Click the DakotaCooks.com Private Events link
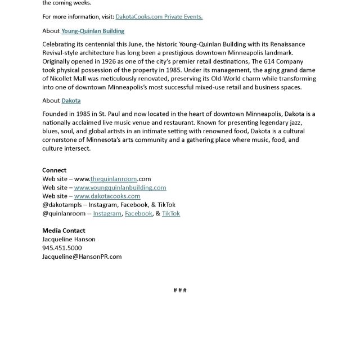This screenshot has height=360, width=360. pos(159,17)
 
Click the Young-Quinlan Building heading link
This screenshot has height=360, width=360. pos(92,31)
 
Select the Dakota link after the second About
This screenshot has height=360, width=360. pos(71,101)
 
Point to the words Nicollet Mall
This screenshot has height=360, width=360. pos(69,79)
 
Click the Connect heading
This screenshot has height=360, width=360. pos(54,170)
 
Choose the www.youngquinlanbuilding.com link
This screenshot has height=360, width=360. pos(120,187)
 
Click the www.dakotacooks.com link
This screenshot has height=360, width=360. pos(107,196)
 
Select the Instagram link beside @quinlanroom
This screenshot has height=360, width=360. pos(107,214)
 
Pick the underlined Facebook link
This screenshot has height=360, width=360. pos(138,214)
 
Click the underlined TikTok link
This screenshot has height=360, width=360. pos(171,214)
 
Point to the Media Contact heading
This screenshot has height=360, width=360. pos(64,231)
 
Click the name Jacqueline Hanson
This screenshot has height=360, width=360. pos(69,239)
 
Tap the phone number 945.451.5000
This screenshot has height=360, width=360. pos(62,248)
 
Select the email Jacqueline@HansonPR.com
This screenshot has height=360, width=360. pos(82,256)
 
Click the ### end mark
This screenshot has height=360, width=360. pos(180,290)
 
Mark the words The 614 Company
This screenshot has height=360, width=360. pos(278,61)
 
